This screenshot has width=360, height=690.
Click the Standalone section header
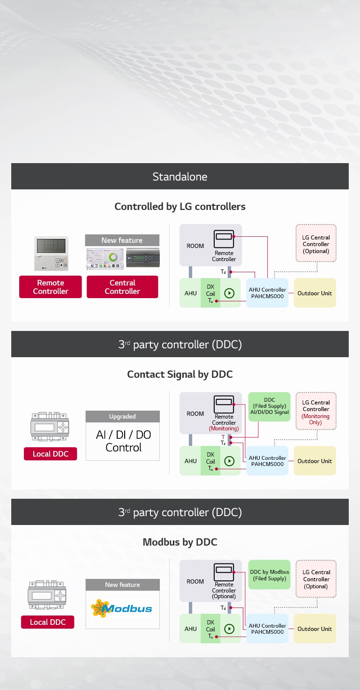[180, 177]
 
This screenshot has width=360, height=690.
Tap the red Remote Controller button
[51, 287]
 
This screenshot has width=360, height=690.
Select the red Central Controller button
[122, 287]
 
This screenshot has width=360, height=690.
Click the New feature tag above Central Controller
[122, 240]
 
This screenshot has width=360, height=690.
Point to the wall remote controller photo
[51, 254]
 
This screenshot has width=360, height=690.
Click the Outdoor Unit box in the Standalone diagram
[315, 293]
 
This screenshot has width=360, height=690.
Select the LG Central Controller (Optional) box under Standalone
[316, 244]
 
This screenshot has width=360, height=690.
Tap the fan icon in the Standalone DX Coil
[229, 293]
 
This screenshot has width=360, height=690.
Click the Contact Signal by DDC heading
[180, 375]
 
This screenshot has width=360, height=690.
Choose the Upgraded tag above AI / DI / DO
[122, 417]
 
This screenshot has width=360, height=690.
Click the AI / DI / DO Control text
[123, 441]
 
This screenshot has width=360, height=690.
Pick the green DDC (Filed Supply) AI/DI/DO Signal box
[270, 406]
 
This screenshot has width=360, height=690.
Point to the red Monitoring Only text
[315, 419]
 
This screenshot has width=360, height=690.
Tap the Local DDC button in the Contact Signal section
[51, 454]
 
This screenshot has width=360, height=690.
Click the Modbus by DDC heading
[180, 542]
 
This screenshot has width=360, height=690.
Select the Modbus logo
[122, 608]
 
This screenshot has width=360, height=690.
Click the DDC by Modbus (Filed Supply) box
[270, 575]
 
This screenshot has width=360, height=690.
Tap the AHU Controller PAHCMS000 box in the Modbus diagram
[267, 629]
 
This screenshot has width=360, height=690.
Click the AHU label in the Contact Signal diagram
[190, 461]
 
